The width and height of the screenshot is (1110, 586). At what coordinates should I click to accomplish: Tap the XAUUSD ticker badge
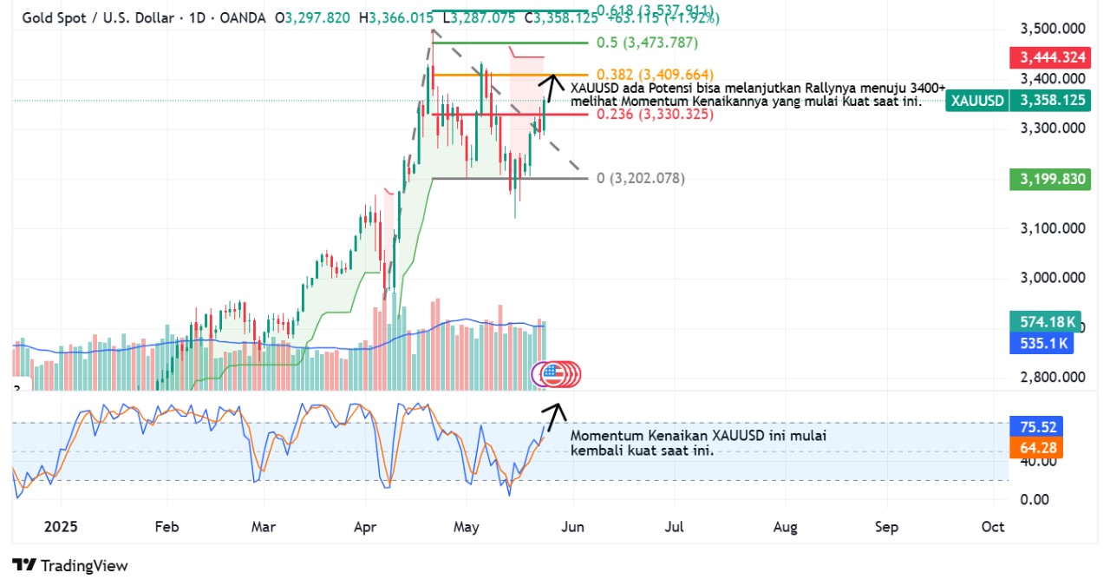(x=977, y=101)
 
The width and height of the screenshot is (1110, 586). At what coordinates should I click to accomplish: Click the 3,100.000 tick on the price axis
(x=1053, y=228)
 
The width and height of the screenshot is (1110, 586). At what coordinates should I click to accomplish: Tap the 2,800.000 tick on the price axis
(x=1053, y=378)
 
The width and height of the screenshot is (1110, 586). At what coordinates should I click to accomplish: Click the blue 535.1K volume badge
(x=1041, y=344)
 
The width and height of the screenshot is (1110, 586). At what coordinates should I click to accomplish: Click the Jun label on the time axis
(x=572, y=526)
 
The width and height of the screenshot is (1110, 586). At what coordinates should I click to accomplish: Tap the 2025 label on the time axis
(x=61, y=526)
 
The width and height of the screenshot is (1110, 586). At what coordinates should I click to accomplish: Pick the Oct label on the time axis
(x=992, y=526)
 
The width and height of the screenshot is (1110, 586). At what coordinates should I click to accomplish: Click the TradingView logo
(x=70, y=565)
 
